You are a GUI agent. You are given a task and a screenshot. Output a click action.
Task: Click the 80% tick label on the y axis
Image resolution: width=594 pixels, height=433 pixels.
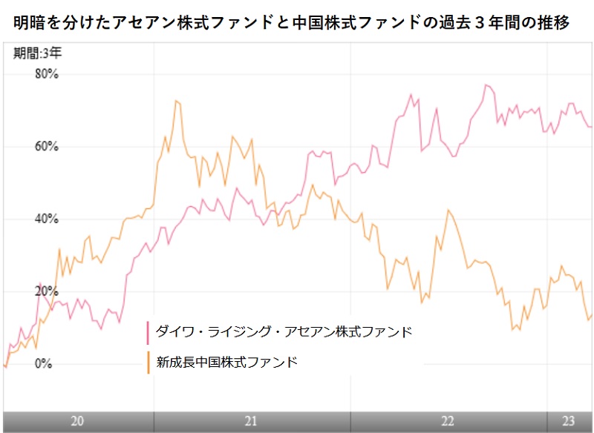point(47,75)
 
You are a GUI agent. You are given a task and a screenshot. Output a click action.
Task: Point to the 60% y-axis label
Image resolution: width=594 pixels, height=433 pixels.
point(47,147)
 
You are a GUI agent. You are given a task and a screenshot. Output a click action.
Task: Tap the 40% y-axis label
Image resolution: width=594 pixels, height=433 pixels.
point(47,219)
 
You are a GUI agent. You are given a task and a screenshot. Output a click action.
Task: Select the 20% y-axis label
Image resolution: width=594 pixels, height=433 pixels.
point(47,291)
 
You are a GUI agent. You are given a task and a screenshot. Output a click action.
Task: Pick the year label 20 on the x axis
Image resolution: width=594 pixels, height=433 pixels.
point(77,421)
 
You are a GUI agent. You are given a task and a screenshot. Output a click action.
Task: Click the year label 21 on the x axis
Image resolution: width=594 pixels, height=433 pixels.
point(251,421)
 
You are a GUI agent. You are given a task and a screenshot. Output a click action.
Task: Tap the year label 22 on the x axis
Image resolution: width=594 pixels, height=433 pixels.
point(447,421)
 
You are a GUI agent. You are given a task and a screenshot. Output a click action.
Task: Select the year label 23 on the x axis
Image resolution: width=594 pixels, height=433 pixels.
point(568,421)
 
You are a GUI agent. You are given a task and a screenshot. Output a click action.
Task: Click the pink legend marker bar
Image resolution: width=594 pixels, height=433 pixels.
point(148,332)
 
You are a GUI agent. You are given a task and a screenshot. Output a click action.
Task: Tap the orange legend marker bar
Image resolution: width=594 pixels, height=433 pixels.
point(148,363)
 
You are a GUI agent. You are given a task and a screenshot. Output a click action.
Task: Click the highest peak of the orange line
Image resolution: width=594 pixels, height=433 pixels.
point(176,101)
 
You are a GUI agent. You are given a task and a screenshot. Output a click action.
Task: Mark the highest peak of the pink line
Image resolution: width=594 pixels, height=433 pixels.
point(486,85)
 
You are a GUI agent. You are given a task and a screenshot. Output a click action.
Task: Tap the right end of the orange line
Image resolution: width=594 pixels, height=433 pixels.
point(591,315)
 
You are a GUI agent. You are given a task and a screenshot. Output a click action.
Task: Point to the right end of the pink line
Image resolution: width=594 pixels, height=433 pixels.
point(591,126)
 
